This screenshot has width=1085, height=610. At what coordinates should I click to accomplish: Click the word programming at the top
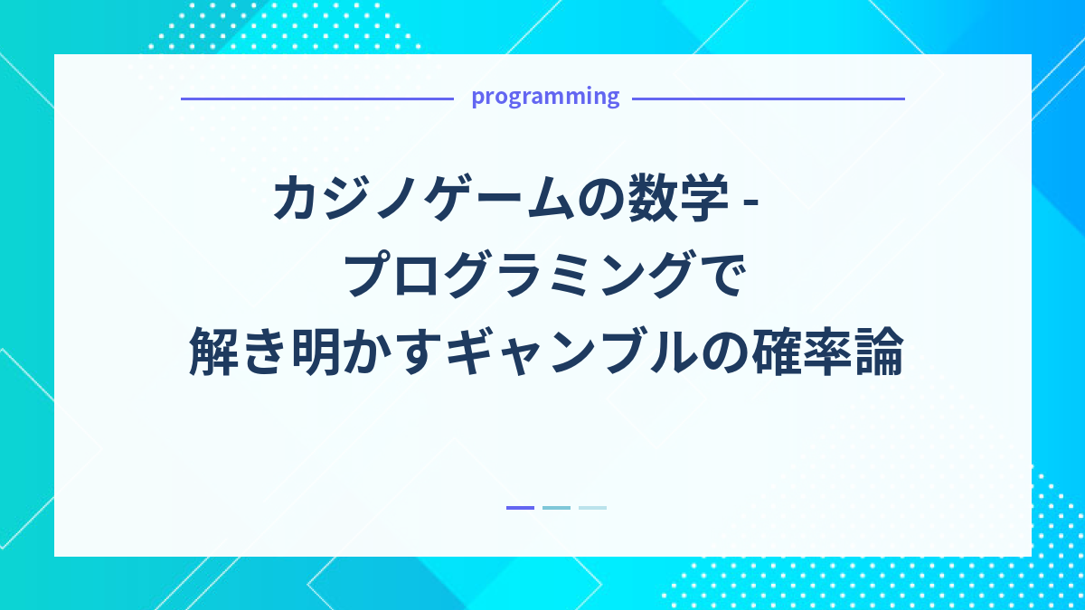pyautogui.click(x=545, y=97)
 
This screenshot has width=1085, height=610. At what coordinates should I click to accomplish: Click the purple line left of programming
pyautogui.click(x=316, y=99)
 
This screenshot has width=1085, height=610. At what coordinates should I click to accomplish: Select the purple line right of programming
pyautogui.click(x=768, y=99)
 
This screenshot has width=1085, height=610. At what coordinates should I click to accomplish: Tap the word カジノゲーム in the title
pyautogui.click(x=426, y=200)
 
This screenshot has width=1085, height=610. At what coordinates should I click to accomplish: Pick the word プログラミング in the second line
pyautogui.click(x=522, y=277)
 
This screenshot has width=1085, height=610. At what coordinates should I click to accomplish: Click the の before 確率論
pyautogui.click(x=722, y=355)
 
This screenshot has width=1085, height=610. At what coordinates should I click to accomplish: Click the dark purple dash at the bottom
pyautogui.click(x=520, y=508)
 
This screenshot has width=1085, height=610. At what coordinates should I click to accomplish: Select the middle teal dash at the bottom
pyautogui.click(x=556, y=508)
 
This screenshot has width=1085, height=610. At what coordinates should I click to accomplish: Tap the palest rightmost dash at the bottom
pyautogui.click(x=592, y=508)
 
